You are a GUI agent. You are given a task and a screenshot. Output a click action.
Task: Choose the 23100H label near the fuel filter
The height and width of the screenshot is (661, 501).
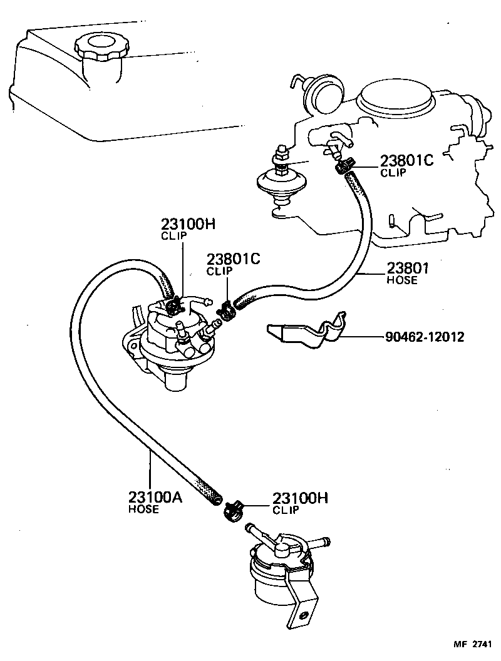pyautogui.click(x=300, y=499)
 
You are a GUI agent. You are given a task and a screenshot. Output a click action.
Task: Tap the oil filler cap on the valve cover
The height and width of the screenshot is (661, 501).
pyautogui.click(x=101, y=47)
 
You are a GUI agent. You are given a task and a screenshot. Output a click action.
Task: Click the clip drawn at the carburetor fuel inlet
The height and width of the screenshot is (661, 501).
pyautogui.click(x=342, y=167)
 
